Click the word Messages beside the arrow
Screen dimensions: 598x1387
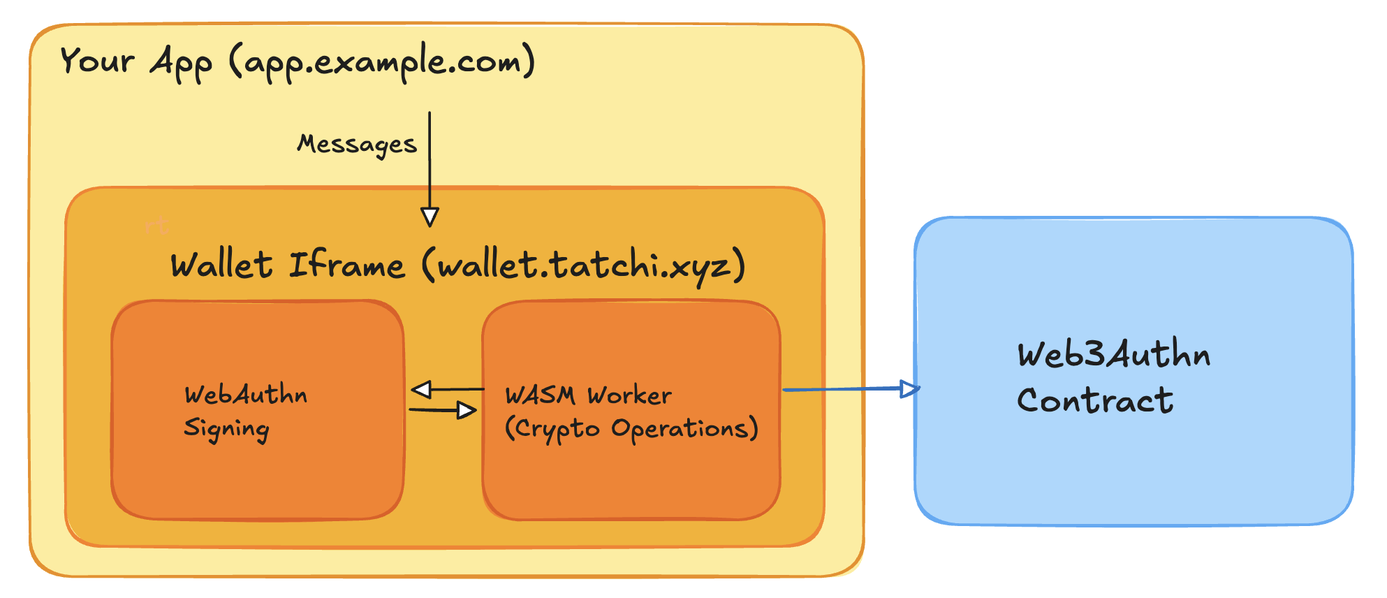coord(356,144)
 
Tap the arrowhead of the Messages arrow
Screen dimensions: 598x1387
coord(430,217)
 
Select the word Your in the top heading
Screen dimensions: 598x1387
coord(96,60)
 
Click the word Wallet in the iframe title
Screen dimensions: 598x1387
coord(221,265)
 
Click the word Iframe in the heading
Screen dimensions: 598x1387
coord(347,265)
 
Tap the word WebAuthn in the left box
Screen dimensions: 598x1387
coord(246,395)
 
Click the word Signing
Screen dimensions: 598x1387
coord(226,429)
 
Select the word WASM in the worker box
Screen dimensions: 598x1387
coord(541,395)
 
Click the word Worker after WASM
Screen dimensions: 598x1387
coord(629,395)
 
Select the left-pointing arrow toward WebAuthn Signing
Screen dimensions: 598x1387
coord(447,389)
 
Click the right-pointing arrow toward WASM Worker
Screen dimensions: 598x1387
coord(443,410)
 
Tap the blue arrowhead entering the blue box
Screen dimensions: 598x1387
coord(909,388)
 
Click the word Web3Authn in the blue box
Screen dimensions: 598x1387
coord(1113,354)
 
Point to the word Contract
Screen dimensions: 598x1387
coord(1094,401)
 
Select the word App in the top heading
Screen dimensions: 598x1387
coord(181,63)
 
